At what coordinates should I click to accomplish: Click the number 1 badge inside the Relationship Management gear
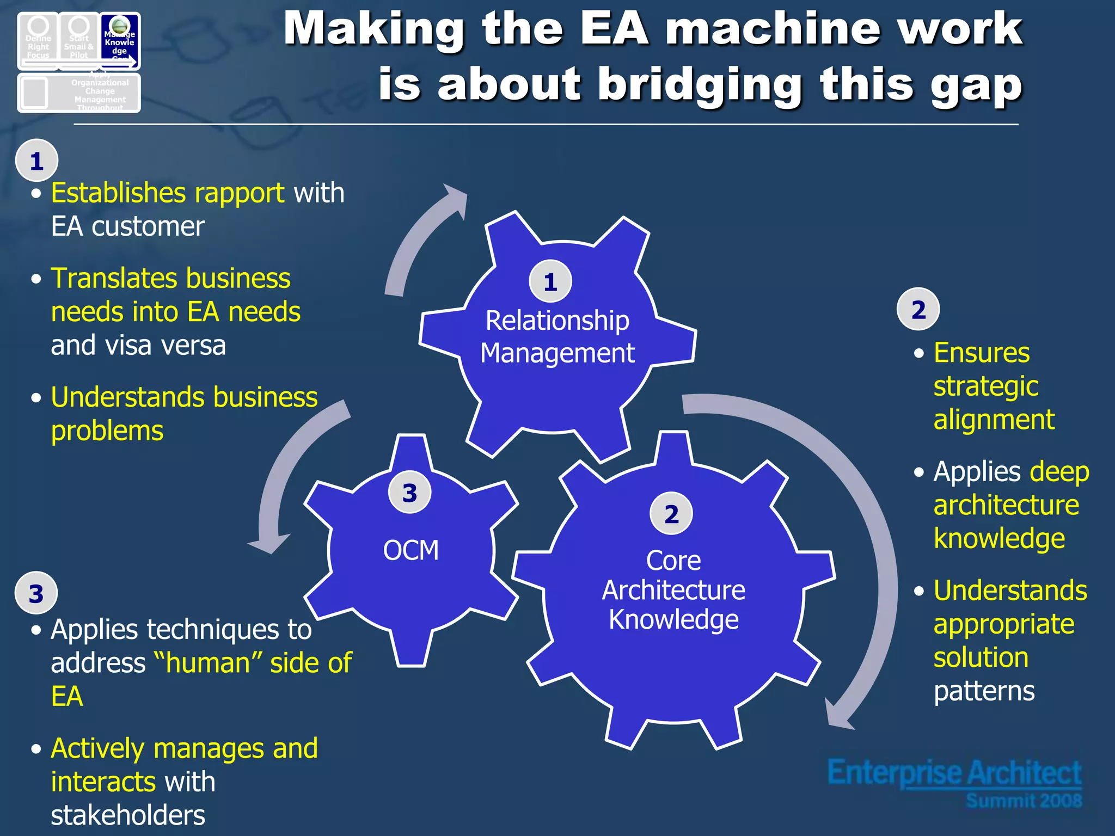click(x=550, y=281)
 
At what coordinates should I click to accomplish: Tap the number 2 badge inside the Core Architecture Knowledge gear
click(x=671, y=514)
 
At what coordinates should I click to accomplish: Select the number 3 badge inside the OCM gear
click(x=409, y=493)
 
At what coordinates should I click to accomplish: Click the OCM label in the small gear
click(x=411, y=550)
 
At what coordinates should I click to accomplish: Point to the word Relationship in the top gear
click(x=557, y=320)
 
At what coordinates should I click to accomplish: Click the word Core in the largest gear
click(x=673, y=561)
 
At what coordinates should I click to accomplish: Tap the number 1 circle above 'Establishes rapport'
click(x=36, y=161)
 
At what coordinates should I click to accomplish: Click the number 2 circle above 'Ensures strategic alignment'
click(x=918, y=309)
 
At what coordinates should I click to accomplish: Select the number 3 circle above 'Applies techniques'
click(x=36, y=593)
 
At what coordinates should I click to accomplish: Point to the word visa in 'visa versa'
click(x=131, y=346)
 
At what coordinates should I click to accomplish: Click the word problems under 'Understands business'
click(x=107, y=431)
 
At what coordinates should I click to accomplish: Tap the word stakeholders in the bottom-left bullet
click(x=128, y=815)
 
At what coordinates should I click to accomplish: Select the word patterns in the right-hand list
click(x=984, y=692)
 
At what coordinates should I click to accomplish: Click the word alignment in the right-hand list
click(x=994, y=420)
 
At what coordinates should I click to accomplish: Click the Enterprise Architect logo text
click(x=954, y=773)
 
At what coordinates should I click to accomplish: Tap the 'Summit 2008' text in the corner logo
click(x=1024, y=801)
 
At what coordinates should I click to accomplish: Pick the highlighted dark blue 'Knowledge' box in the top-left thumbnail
click(x=120, y=41)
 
